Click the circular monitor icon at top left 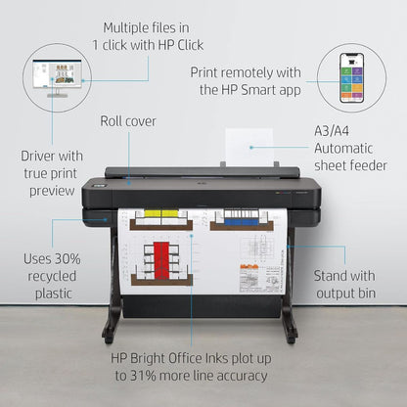pyautogui.click(x=56, y=78)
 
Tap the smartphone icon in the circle pyautogui.click(x=351, y=77)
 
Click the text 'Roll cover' pyautogui.click(x=128, y=121)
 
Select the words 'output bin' pyautogui.click(x=343, y=294)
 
